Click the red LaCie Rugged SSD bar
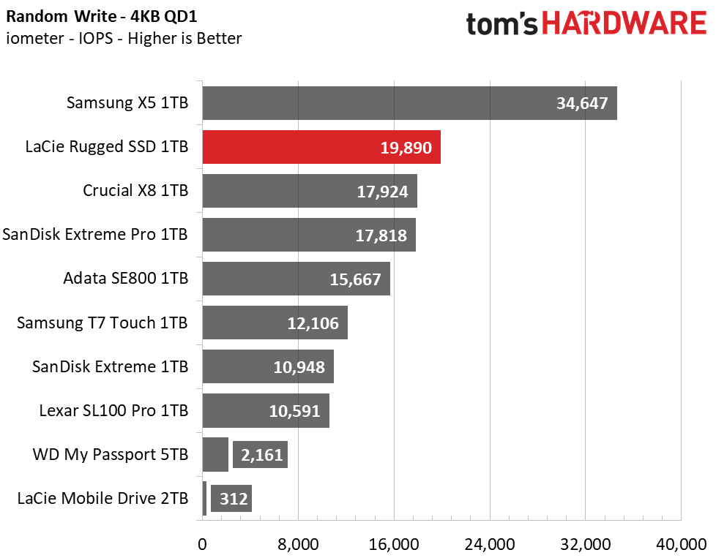point(321,147)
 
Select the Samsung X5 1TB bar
point(409,103)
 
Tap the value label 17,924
point(382,192)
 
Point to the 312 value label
point(234,499)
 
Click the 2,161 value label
point(261,455)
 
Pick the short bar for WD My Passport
point(215,454)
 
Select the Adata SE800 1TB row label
point(126,278)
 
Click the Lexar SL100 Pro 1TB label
point(113,410)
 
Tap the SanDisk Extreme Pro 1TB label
point(95,234)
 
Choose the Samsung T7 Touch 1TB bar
point(275,323)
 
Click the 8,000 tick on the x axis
point(298,544)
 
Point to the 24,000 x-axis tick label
point(490,544)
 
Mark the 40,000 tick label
point(682,544)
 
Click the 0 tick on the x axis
point(202,544)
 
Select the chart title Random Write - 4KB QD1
point(102,16)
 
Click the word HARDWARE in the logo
point(624,23)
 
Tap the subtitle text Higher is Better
point(184,38)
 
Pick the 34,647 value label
point(582,104)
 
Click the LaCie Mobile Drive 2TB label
point(102,498)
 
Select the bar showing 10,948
point(268,366)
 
